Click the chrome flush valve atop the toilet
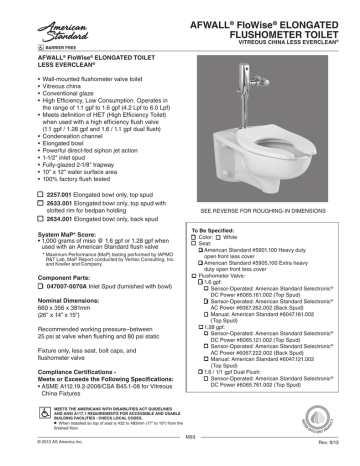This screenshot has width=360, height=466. tap(263, 62)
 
